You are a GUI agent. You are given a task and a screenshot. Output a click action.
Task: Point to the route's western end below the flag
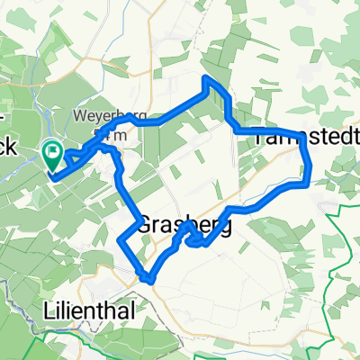tap(54, 176)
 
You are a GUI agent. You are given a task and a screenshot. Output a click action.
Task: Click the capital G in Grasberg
tap(148, 225)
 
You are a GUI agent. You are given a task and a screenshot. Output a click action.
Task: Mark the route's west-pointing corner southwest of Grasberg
tap(121, 239)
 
